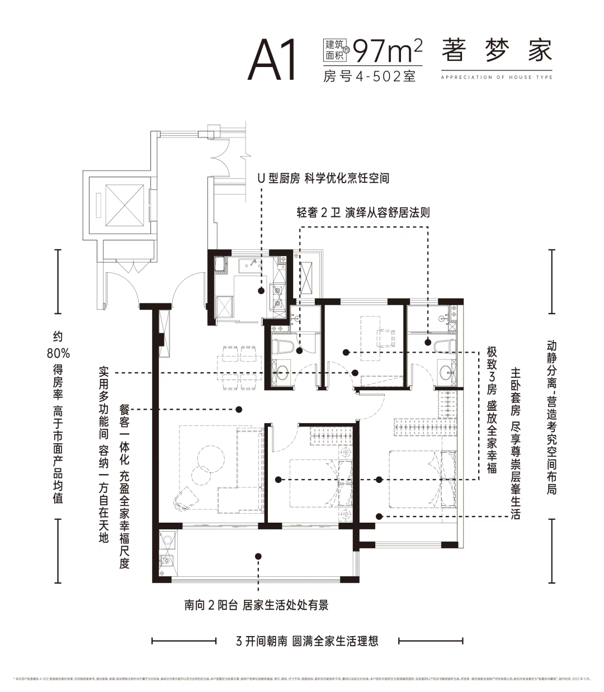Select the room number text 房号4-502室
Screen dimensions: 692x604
point(370,77)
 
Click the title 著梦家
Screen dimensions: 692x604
point(496,51)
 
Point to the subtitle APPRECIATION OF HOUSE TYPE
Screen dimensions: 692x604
point(496,77)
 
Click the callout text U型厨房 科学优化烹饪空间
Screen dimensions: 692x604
point(323,178)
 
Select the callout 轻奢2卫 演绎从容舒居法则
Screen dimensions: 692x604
point(363,213)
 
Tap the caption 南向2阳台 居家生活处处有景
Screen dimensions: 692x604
point(257,605)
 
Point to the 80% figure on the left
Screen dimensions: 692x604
point(58,353)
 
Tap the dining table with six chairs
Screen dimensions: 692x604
point(240,367)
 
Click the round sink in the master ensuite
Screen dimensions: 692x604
point(446,371)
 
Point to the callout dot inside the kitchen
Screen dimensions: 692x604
point(261,290)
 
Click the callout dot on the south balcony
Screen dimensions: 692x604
point(258,556)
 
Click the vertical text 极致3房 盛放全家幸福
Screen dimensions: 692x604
point(492,409)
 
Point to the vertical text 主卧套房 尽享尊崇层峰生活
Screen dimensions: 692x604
point(515,443)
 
